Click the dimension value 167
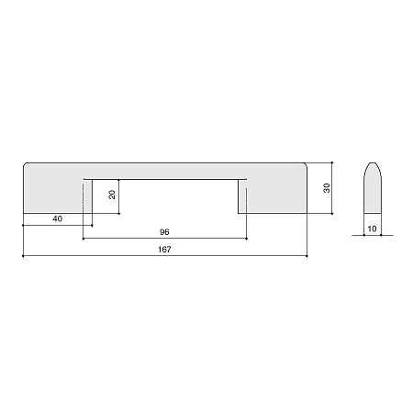point(164,250)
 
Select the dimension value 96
point(164,232)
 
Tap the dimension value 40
point(57,218)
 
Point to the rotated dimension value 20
point(112,195)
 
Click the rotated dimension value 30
point(327,188)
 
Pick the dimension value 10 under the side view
point(372,229)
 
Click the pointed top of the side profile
point(373,163)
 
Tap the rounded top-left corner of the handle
point(25,164)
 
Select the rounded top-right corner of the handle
point(305,164)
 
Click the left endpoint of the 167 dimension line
point(23,256)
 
